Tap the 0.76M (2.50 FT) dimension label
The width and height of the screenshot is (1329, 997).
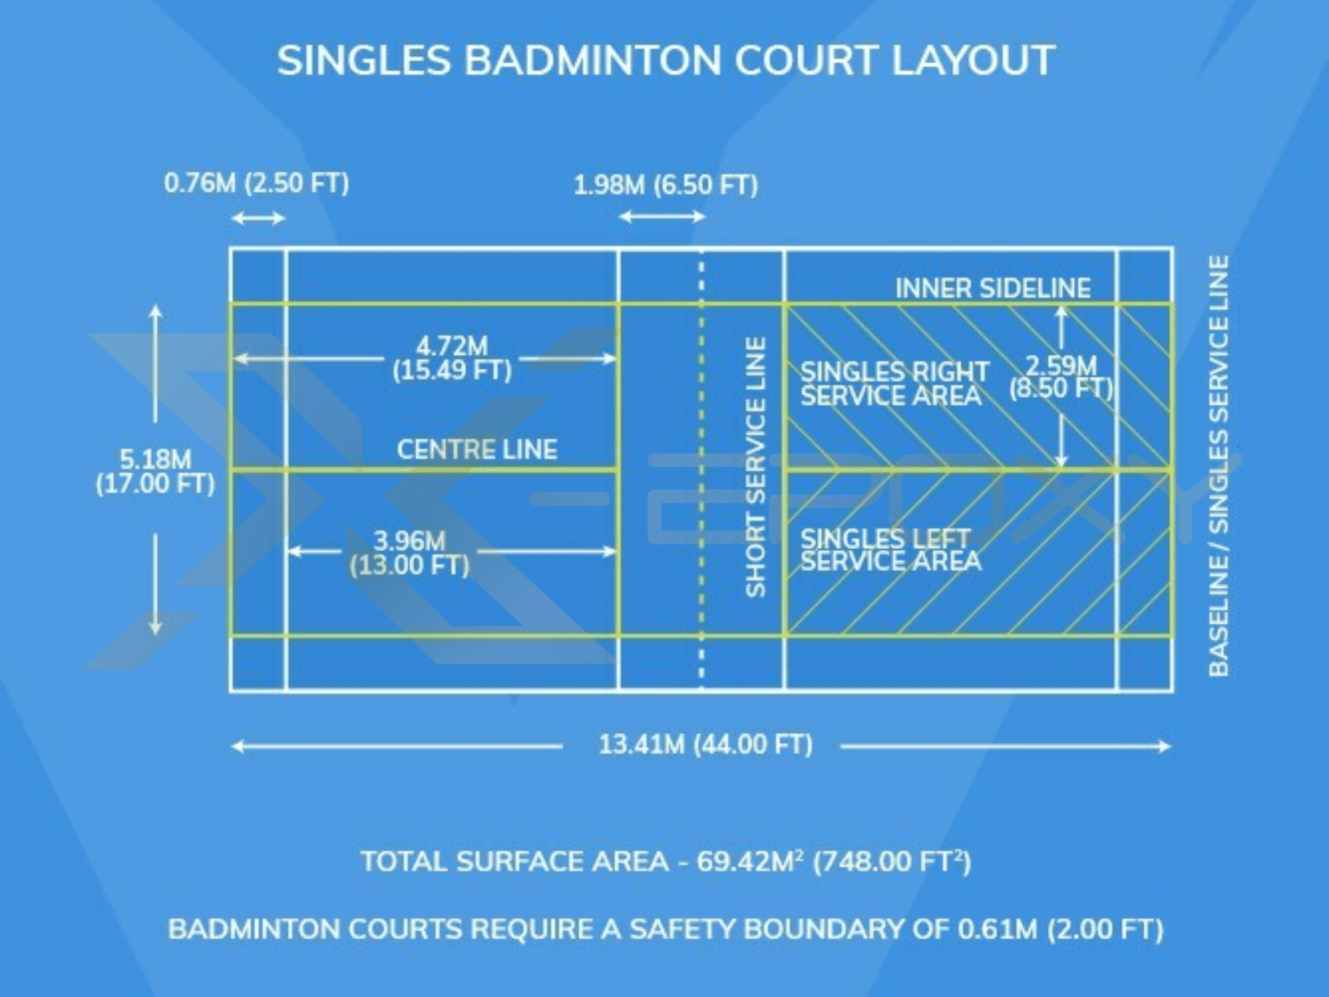tap(257, 183)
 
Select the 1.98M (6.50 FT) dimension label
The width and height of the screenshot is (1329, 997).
tap(666, 185)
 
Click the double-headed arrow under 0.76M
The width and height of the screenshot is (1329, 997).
tap(258, 217)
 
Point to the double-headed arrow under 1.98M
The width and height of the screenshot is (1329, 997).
tap(662, 216)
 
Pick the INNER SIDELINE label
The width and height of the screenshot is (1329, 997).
tap(993, 288)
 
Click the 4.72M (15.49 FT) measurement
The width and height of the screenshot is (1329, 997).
tap(452, 358)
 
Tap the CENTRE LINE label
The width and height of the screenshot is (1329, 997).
tap(477, 449)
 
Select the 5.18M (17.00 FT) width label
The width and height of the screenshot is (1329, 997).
tap(155, 472)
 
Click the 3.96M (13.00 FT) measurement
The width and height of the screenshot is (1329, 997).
tap(410, 553)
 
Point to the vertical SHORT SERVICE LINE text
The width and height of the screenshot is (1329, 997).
tap(755, 467)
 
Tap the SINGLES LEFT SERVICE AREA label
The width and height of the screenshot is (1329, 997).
tap(891, 550)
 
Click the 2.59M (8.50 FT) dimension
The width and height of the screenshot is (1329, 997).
tap(1062, 378)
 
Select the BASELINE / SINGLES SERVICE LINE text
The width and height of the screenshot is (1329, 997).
tap(1218, 466)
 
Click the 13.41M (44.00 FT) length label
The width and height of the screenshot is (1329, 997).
tap(705, 745)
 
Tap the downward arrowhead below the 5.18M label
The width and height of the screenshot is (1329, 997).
tap(156, 627)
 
